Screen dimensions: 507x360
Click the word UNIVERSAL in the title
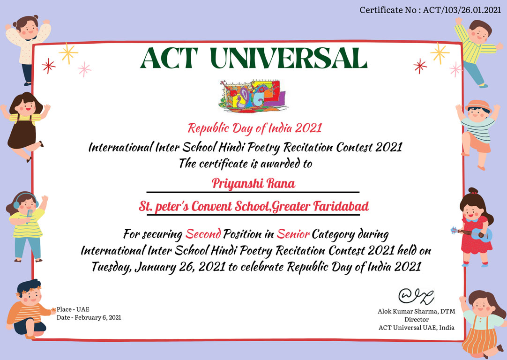[x=289, y=58]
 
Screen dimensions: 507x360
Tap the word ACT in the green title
[x=169, y=58]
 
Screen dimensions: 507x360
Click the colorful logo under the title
[x=253, y=96]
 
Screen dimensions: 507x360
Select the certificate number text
[x=430, y=10]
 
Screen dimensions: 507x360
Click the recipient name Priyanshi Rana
[x=253, y=183]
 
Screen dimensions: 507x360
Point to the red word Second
[x=203, y=233]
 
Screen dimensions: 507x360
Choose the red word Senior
[x=293, y=233]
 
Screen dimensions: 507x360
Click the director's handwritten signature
[x=416, y=296]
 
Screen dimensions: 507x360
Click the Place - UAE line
[x=73, y=309]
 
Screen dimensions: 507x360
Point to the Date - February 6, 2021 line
[x=89, y=318]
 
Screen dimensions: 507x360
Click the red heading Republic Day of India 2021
[x=255, y=128]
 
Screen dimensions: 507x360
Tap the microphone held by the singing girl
[x=30, y=215]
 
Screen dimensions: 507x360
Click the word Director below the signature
[x=417, y=320]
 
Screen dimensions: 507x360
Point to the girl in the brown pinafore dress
[x=24, y=126]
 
